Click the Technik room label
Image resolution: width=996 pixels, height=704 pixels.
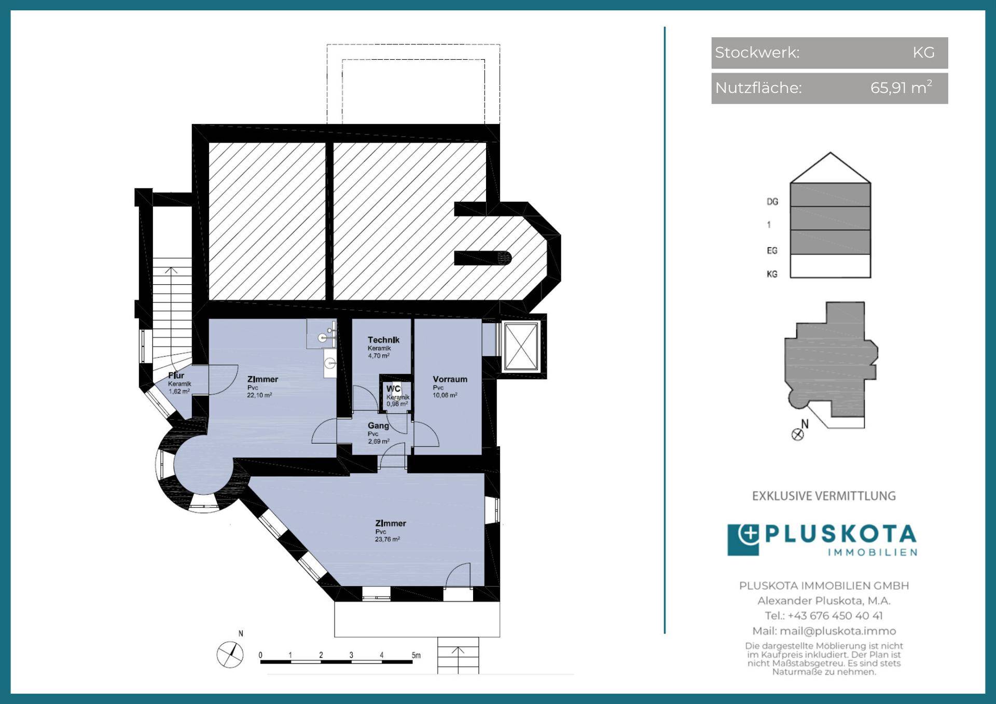tap(383, 340)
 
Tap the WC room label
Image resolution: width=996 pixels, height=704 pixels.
tap(393, 389)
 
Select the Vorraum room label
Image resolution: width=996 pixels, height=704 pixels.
tap(450, 379)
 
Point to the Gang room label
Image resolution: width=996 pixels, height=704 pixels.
tap(378, 425)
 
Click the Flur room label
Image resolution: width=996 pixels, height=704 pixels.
tap(176, 375)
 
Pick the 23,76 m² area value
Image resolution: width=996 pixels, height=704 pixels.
tap(387, 540)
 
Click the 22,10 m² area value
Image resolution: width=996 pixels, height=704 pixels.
tap(259, 395)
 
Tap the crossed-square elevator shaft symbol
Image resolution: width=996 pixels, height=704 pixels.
tap(521, 347)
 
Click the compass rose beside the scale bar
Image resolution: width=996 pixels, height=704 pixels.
tap(230, 654)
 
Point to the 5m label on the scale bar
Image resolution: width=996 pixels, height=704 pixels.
tap(416, 655)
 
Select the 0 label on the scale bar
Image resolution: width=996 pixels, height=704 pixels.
tap(260, 655)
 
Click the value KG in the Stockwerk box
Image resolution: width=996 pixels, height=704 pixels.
tap(923, 52)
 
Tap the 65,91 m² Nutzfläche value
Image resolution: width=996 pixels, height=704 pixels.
tap(901, 87)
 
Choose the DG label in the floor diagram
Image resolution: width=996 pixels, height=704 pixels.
tap(772, 201)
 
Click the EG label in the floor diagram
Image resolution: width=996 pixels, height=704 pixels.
tap(772, 251)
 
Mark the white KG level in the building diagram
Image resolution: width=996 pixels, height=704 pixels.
tap(830, 266)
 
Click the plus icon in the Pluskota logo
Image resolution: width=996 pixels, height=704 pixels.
tap(748, 534)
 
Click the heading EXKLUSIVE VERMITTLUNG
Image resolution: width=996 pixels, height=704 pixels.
tap(824, 496)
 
